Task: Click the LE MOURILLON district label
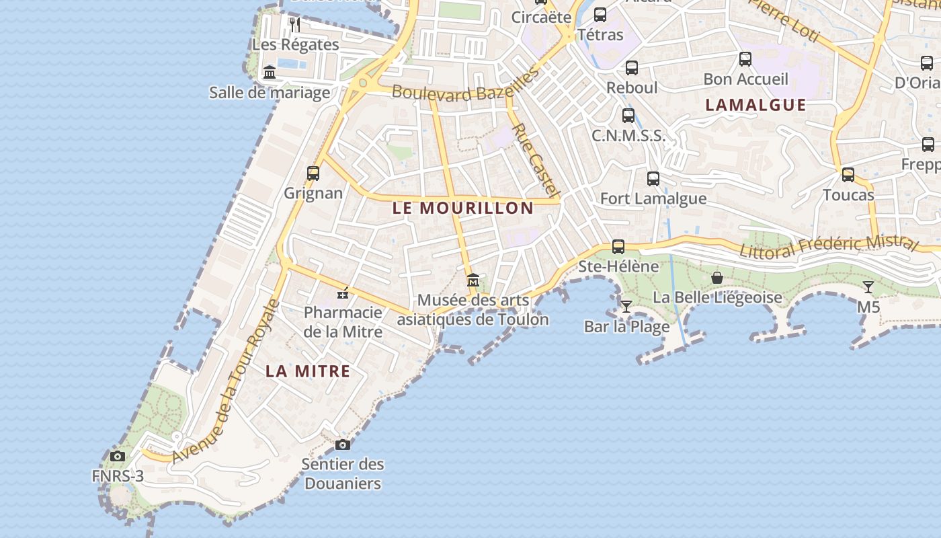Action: (x=462, y=208)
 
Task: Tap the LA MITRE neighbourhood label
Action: (x=308, y=371)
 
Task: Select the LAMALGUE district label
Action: (x=755, y=105)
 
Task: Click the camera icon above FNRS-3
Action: (x=118, y=457)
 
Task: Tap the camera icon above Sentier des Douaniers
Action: (x=342, y=445)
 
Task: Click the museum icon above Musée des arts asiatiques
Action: (x=473, y=280)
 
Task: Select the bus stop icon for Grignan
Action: (x=313, y=174)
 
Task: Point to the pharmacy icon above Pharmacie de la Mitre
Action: (x=343, y=293)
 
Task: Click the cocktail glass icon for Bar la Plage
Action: (x=626, y=307)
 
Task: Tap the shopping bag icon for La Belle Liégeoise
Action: (x=717, y=278)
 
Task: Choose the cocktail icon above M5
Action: (x=868, y=287)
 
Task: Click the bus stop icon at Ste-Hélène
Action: (x=618, y=247)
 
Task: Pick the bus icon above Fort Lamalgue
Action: (x=653, y=179)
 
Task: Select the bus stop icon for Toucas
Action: (x=848, y=175)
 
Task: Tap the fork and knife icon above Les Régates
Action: (x=295, y=25)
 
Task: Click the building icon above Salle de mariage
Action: (x=270, y=73)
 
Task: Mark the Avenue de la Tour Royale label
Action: (x=227, y=382)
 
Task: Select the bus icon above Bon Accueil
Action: (x=745, y=59)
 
